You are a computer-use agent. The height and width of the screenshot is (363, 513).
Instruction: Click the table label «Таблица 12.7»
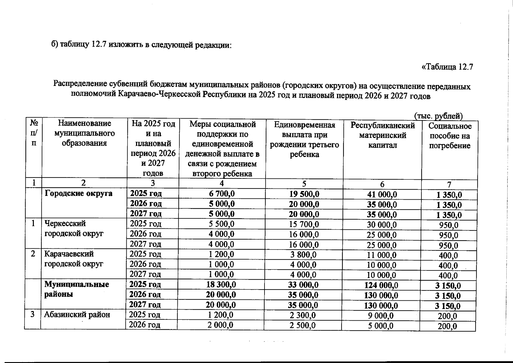447,67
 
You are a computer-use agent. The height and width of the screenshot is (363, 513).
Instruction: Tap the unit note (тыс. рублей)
438,116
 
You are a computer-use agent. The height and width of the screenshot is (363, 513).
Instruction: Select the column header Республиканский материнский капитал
382,135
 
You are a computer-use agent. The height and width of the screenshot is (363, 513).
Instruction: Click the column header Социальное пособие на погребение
450,136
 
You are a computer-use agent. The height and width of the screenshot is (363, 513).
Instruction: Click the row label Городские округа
78,193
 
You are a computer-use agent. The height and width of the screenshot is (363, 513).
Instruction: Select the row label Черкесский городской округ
74,228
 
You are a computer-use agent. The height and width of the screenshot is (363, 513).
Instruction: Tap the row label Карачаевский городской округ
74,259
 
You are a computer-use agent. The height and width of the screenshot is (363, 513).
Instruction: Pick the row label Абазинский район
77,315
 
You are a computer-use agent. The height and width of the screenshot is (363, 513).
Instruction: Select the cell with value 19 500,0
304,194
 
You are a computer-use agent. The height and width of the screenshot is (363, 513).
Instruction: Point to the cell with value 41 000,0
382,195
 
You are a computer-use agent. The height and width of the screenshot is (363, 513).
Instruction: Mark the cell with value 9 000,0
381,316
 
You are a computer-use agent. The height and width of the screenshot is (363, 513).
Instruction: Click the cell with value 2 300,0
303,315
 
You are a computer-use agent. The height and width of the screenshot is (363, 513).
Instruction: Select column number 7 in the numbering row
449,184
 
